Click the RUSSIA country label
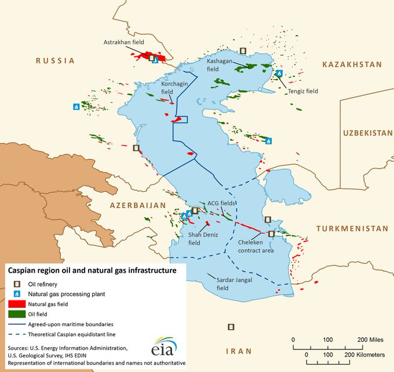click(56, 60)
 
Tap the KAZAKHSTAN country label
click(353, 64)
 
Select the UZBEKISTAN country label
click(367, 133)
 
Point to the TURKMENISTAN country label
click(352, 229)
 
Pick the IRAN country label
click(239, 351)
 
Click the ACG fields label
click(221, 203)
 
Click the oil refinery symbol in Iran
click(231, 327)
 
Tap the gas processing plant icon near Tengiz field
click(279, 74)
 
